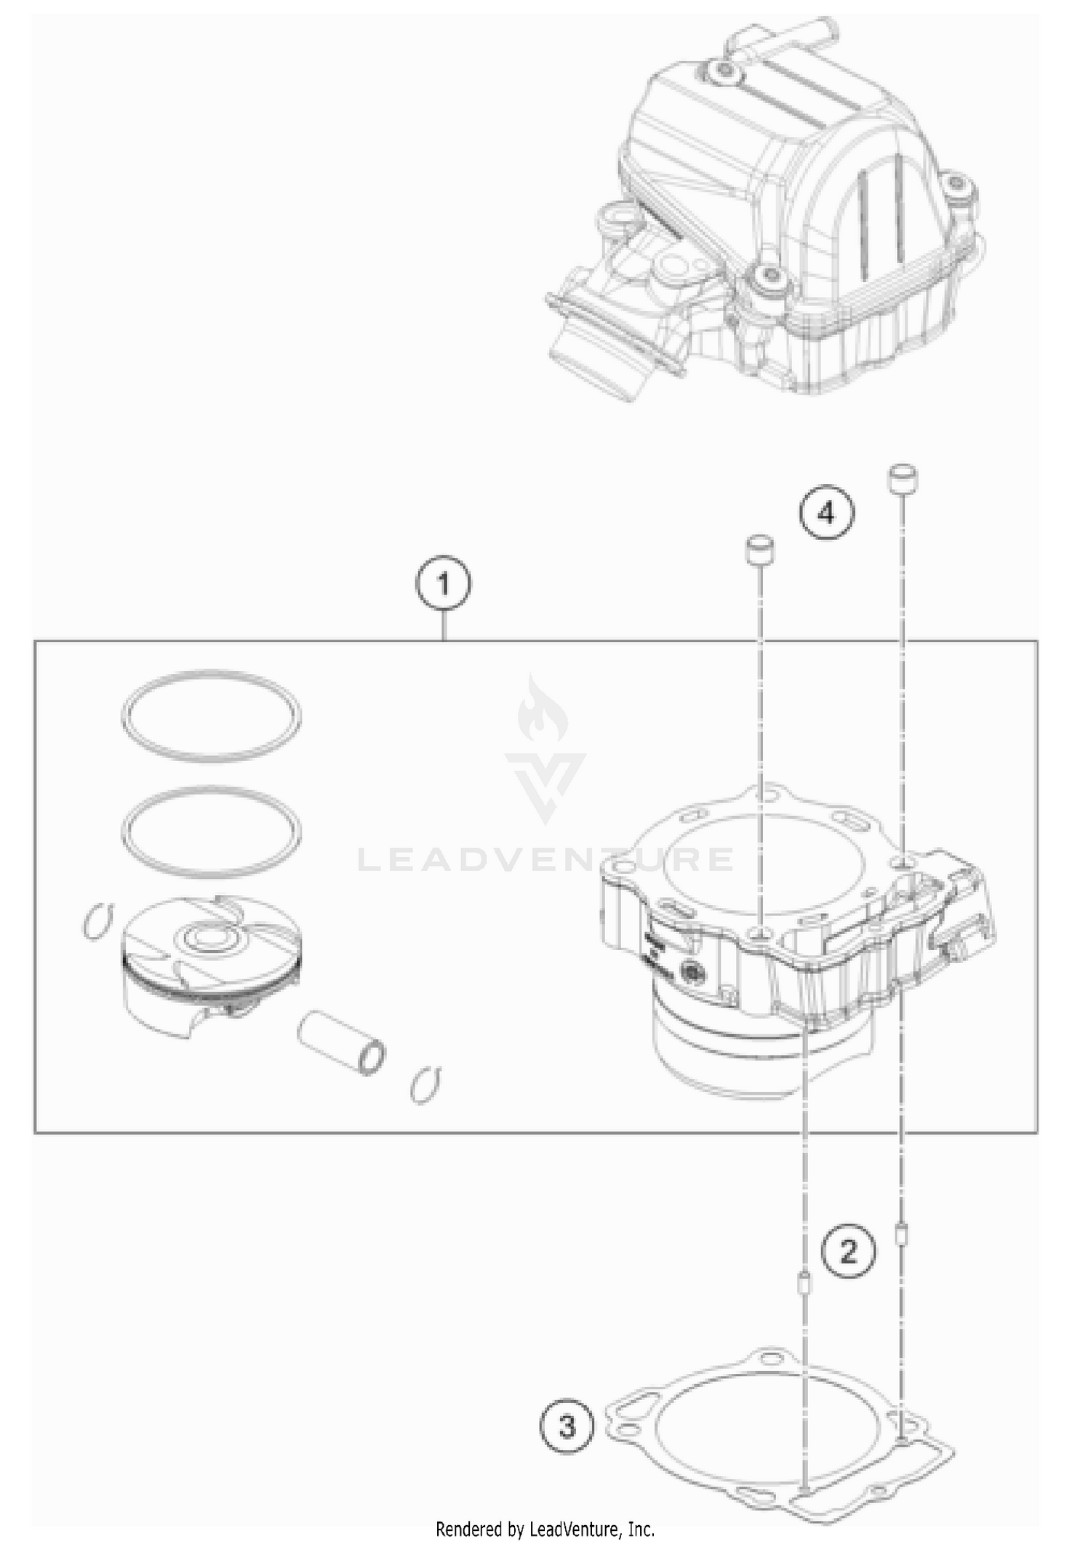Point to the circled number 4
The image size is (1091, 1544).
[x=826, y=514]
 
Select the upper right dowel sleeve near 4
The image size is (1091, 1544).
[x=903, y=479]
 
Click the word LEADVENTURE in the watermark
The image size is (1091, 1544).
[x=545, y=860]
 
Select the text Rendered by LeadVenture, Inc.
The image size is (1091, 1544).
[x=545, y=1529]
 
